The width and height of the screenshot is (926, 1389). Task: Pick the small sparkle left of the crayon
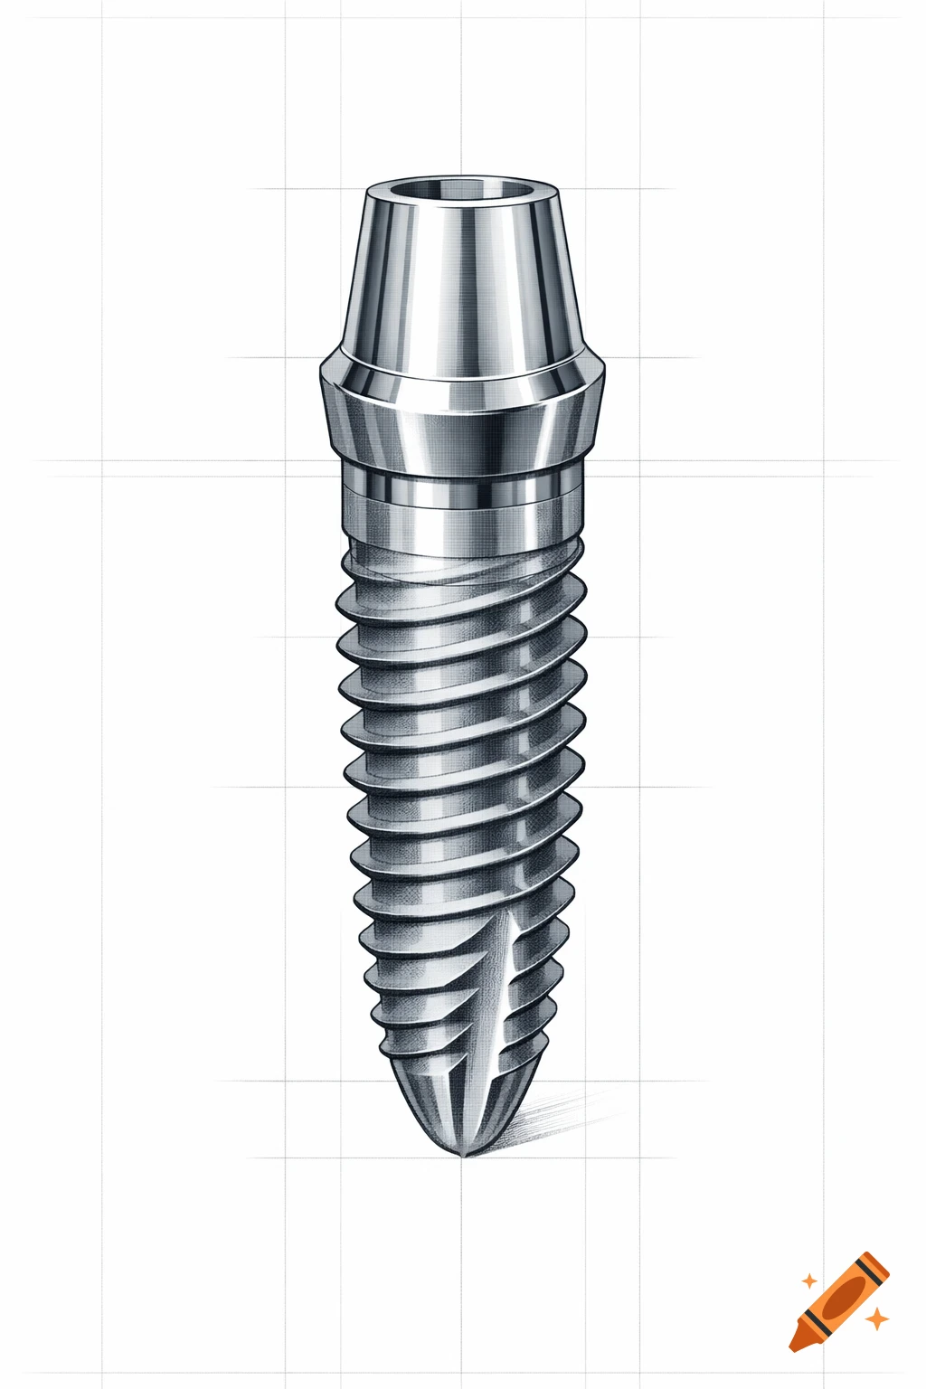pyautogui.click(x=808, y=1280)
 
